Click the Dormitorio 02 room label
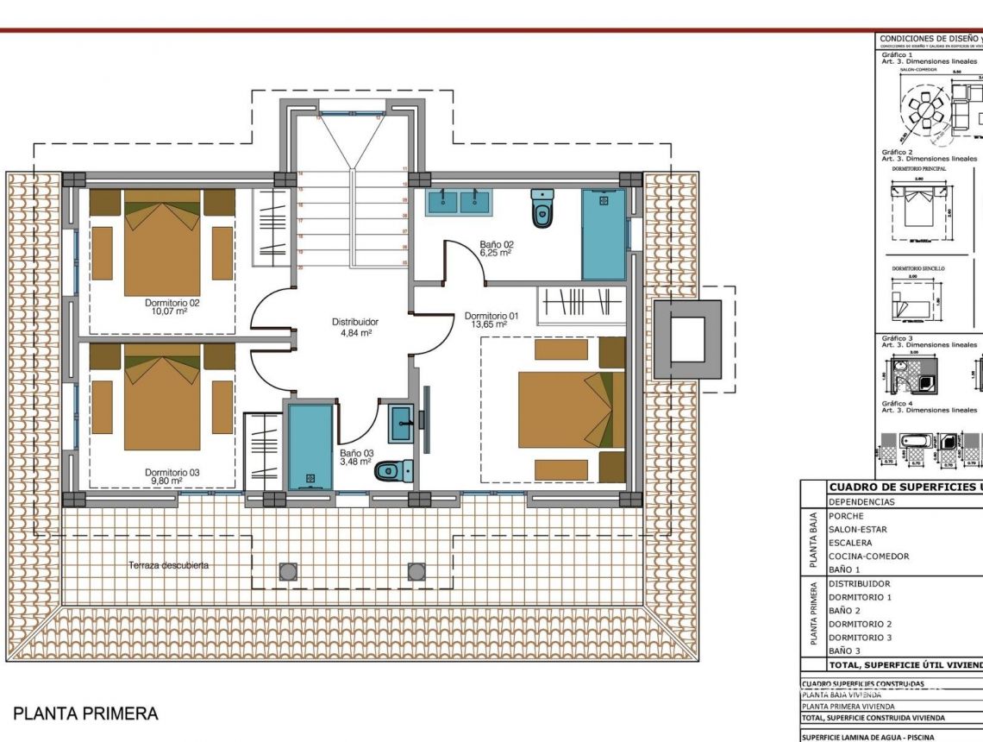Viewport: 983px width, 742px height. click(x=172, y=307)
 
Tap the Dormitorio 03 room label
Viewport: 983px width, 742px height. click(x=172, y=476)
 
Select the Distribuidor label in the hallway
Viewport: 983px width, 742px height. click(x=355, y=326)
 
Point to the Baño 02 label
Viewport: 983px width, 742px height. click(x=496, y=248)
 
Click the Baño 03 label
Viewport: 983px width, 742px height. click(x=355, y=457)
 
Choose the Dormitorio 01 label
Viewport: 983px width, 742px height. click(x=491, y=320)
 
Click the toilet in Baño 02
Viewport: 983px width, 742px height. click(x=542, y=208)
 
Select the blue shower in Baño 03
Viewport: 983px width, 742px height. click(x=310, y=447)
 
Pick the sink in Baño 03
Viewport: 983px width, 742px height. click(x=402, y=423)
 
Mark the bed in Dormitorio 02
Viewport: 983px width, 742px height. click(x=162, y=246)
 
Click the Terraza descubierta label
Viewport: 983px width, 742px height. click(x=169, y=565)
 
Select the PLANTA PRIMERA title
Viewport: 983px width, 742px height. click(x=85, y=714)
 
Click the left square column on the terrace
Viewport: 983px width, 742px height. click(x=288, y=571)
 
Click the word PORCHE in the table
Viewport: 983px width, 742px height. click(x=846, y=516)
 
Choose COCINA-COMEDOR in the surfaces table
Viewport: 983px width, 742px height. click(x=868, y=556)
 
